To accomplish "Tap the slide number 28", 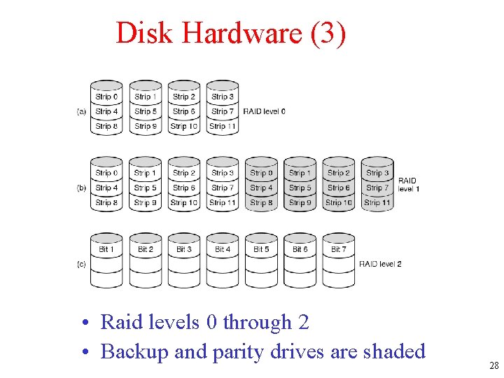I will (x=493, y=365).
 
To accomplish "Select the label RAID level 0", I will (x=264, y=111).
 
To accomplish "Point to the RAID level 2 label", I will (x=380, y=264).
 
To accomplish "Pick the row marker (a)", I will (x=82, y=111).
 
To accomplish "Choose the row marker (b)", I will (x=82, y=188).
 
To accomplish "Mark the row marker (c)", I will (x=82, y=264).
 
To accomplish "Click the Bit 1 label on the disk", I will (x=106, y=249).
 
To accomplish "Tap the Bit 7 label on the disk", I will (x=338, y=249).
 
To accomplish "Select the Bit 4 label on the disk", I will (x=223, y=249).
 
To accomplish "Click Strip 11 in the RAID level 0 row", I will (x=223, y=127).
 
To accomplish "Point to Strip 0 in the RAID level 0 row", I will (x=106, y=97).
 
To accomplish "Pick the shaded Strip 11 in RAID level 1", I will (x=377, y=203).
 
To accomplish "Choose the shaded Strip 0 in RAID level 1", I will (x=261, y=173).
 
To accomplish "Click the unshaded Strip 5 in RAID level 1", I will (x=146, y=188).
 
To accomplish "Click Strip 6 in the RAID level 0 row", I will (x=184, y=111).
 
